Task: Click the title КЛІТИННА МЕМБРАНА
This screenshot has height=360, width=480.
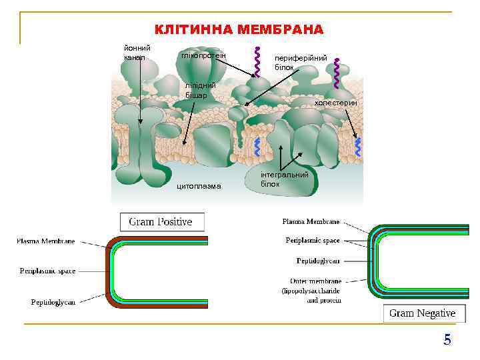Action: point(239,29)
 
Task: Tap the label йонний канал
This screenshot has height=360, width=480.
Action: point(137,53)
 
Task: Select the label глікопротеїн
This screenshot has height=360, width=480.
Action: point(203,55)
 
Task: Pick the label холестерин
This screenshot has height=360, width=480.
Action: point(336,103)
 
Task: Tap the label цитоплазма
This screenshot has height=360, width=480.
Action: point(199,186)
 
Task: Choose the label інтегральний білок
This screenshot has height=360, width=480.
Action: point(285,179)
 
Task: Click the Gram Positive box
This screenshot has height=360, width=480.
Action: point(161,222)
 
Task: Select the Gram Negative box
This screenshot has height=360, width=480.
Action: point(423,313)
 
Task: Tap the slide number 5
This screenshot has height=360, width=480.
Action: point(447,340)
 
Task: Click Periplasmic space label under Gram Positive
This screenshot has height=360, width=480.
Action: point(47,271)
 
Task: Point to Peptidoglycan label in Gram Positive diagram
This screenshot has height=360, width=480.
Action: point(53,302)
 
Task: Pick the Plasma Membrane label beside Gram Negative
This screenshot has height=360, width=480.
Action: point(311,221)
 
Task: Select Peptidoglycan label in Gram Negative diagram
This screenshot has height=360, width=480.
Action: point(319,261)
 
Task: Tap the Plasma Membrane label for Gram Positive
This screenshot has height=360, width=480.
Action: point(46,241)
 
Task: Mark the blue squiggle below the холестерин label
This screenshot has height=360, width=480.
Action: point(358,147)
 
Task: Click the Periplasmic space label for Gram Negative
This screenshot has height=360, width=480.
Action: point(313,240)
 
